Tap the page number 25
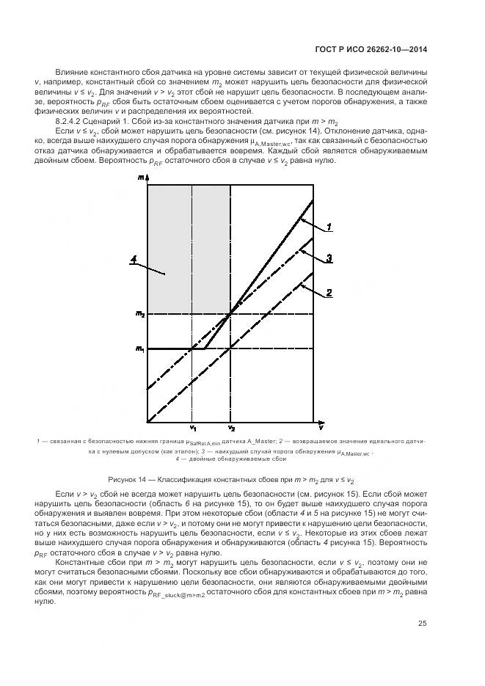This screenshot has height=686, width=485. [423, 644]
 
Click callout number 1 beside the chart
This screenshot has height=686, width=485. [330, 227]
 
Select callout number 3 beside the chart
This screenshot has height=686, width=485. [330, 258]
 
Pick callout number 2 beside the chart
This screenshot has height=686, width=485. [330, 292]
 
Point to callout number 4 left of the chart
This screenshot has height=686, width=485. [134, 258]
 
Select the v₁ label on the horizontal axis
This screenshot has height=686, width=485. [192, 428]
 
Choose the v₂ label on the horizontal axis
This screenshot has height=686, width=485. [231, 428]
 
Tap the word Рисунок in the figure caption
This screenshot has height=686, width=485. [124, 479]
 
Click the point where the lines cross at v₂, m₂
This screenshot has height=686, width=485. [231, 314]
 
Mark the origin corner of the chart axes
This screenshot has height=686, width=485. [147, 422]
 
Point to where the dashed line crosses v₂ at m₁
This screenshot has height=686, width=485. [231, 348]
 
